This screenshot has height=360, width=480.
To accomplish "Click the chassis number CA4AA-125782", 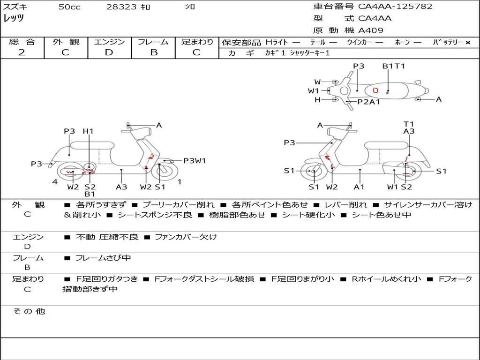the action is click(395, 7).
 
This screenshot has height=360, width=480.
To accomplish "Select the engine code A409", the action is click(371, 30).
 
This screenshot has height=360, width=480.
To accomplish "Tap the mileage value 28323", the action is click(121, 7).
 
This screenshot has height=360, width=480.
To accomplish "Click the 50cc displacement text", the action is click(69, 7).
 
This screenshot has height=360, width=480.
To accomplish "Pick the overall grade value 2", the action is click(22, 52).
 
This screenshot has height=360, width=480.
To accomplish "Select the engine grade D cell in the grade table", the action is click(109, 52).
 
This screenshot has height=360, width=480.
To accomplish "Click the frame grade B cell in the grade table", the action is click(153, 52).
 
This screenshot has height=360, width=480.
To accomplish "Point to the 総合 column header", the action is click(22, 42).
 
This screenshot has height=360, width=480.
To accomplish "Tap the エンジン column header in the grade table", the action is click(109, 42).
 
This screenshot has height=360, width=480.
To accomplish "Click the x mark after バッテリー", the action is click(467, 43).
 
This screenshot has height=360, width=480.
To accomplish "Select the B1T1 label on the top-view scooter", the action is click(393, 67).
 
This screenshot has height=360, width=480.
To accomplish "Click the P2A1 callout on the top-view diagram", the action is click(368, 102).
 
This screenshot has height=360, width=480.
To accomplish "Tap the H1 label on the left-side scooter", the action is click(88, 132).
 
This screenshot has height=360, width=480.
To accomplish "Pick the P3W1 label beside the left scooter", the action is click(195, 161).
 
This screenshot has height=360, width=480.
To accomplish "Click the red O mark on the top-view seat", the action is click(375, 90).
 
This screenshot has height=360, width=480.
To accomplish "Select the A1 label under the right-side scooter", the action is click(360, 187).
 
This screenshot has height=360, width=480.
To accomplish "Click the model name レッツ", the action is click(14, 18).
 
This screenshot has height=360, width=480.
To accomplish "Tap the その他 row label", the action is click(28, 311).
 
